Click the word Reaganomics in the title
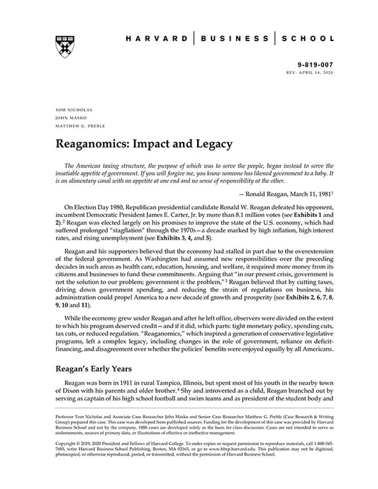[94, 145]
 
